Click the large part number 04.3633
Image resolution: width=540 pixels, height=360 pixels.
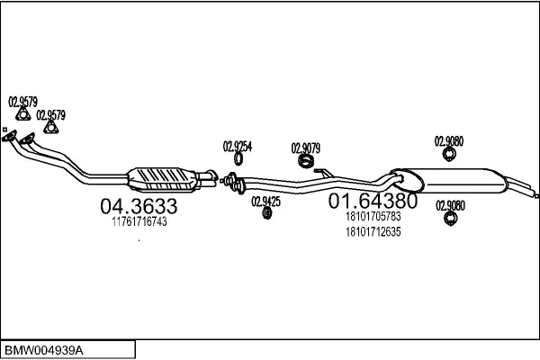138,207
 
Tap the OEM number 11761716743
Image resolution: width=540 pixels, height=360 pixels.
139,221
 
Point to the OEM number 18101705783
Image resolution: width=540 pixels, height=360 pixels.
373,217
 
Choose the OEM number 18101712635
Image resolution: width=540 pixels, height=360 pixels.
373,231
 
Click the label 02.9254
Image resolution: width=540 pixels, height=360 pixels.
238,146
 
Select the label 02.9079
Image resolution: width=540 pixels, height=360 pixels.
306,148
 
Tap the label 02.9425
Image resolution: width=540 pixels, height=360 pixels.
265,201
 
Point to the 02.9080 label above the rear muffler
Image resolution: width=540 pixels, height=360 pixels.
449,140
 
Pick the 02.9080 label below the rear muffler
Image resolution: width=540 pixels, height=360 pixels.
450,205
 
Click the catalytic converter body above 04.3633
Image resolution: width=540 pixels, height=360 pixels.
166,175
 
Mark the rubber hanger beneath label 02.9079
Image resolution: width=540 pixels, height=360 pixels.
306,162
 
